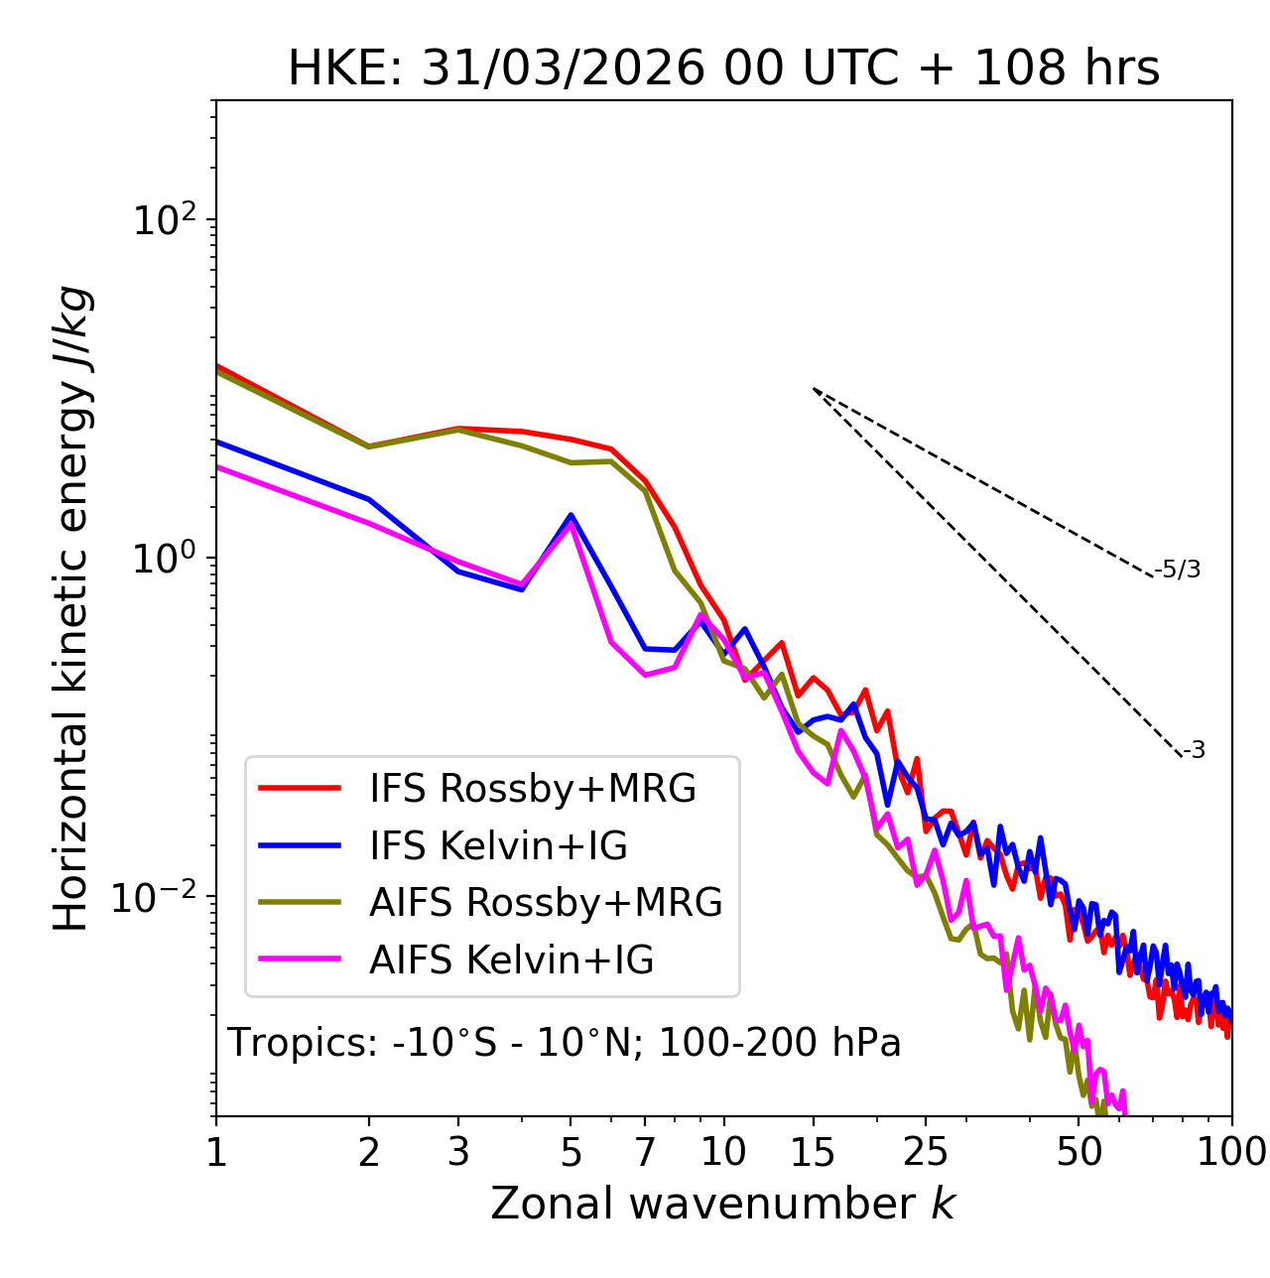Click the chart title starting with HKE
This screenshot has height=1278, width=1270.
coord(723,69)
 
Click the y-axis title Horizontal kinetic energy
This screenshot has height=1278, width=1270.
coord(71,608)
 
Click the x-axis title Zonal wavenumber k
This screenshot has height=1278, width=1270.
coord(722,1204)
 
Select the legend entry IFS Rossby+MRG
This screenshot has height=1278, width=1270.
coord(532,789)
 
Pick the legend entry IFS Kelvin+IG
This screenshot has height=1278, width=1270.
coord(498,846)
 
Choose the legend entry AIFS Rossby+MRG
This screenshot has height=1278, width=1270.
coord(546,903)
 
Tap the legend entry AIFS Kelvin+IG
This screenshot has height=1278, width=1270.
coord(511,960)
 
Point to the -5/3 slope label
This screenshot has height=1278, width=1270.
coord(1178,570)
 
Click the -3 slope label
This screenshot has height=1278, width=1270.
coord(1194,750)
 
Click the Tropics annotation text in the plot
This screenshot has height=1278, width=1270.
coord(565,1043)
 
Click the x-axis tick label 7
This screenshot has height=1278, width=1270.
coord(645,1152)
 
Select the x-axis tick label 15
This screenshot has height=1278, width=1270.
coord(814,1152)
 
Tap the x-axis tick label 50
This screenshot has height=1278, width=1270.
coord(1079,1152)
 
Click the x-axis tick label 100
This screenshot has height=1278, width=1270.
coord(1230,1152)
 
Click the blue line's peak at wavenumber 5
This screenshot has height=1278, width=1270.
coord(571,515)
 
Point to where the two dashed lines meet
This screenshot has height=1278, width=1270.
coord(814,389)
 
